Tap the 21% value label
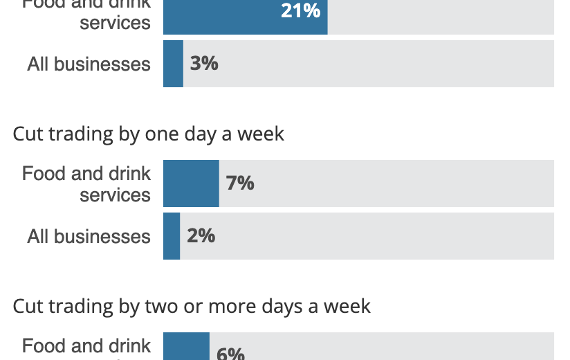[x=300, y=10]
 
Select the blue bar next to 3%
[x=173, y=64]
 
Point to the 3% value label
[x=204, y=64]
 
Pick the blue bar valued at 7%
[x=191, y=183]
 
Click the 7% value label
[x=240, y=183]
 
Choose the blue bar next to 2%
[x=172, y=236]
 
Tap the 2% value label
[x=201, y=236]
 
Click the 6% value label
[x=230, y=353]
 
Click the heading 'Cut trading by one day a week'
[x=149, y=133]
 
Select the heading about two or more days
[x=192, y=305]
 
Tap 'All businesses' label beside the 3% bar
[x=89, y=64]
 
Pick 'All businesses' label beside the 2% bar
[x=89, y=237]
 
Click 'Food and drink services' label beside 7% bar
[x=86, y=183]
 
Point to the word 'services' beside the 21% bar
[x=115, y=22]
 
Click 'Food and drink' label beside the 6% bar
[x=86, y=346]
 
